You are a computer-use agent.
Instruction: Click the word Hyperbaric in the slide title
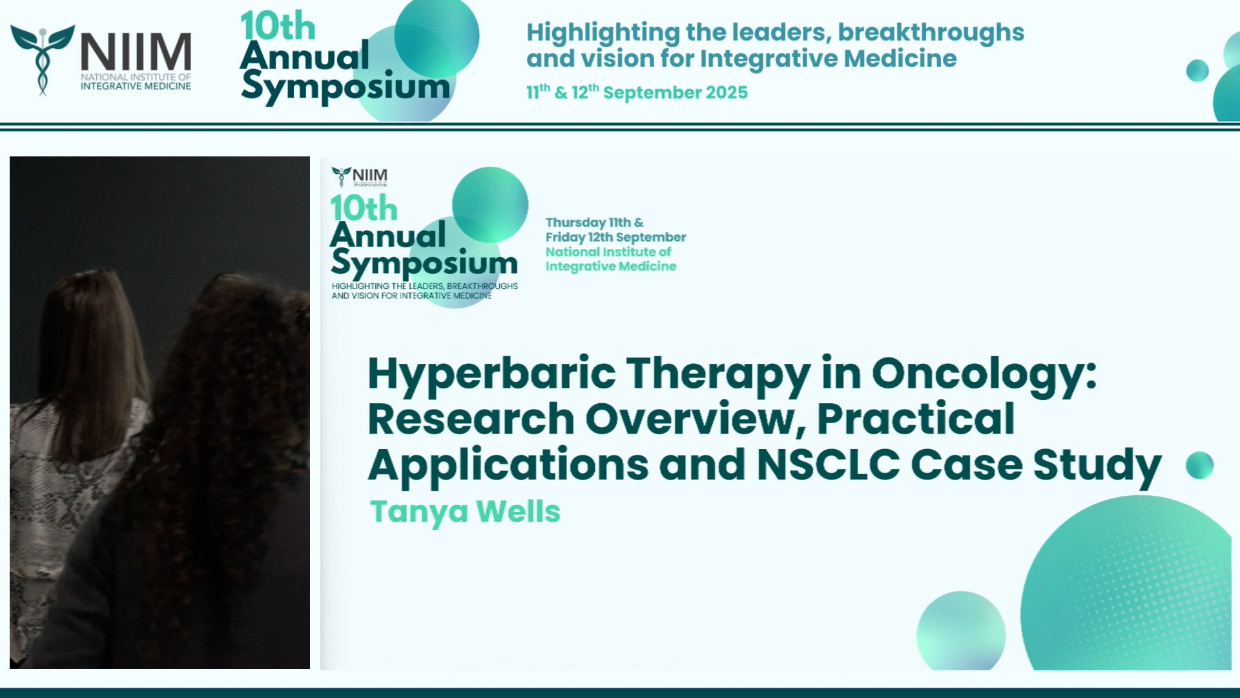[491, 375]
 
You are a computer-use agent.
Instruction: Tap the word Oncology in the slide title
[983, 375]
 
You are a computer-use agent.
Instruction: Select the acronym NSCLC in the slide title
[828, 465]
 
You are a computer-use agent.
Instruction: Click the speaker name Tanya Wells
[465, 512]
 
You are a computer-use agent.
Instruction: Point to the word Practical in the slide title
[916, 420]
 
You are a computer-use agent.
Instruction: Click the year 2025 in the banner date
[727, 93]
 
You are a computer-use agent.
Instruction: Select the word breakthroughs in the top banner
[930, 32]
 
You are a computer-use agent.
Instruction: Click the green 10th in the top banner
[278, 27]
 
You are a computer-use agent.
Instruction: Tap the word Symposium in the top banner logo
[346, 87]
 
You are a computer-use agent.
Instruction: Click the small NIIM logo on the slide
[360, 176]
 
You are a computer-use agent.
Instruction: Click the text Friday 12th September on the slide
[615, 237]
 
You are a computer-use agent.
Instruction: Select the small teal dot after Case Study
[1199, 465]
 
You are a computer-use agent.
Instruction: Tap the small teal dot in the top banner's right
[1197, 70]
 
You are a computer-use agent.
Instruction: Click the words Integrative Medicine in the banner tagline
[828, 59]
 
